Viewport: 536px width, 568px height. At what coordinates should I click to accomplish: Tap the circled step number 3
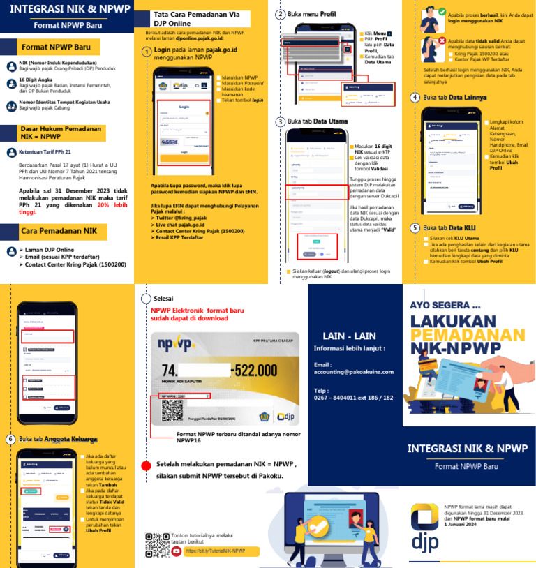click(281, 121)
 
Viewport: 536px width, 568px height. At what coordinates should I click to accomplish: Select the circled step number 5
click(415, 227)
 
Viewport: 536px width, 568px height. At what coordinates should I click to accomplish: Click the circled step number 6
click(10, 439)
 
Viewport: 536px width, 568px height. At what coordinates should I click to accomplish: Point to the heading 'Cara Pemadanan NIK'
click(59, 230)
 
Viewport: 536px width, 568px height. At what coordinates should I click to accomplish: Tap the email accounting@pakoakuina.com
click(353, 372)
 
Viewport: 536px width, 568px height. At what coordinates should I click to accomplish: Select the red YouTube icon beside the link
click(177, 551)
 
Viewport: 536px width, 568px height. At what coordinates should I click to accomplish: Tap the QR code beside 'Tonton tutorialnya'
click(156, 545)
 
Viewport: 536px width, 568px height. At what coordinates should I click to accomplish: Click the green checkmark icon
click(442, 12)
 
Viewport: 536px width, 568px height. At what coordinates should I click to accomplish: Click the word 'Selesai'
click(163, 298)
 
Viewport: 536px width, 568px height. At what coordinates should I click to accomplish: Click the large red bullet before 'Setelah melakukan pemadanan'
click(146, 465)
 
